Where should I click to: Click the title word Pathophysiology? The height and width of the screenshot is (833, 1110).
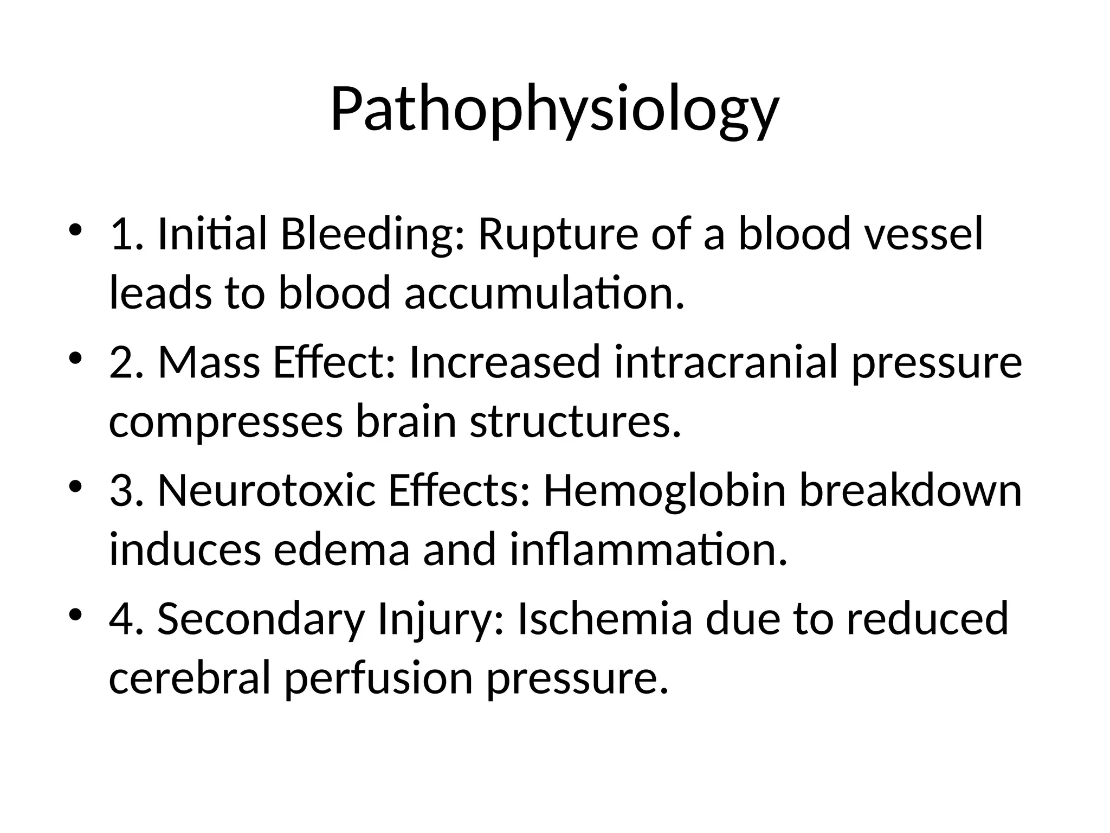[x=554, y=110]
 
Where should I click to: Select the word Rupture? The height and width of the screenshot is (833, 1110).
[x=558, y=234]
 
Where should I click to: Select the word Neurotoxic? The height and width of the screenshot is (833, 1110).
[x=267, y=491]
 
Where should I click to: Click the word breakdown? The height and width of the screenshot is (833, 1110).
[x=911, y=491]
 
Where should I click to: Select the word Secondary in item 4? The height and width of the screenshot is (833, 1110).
[x=261, y=619]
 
